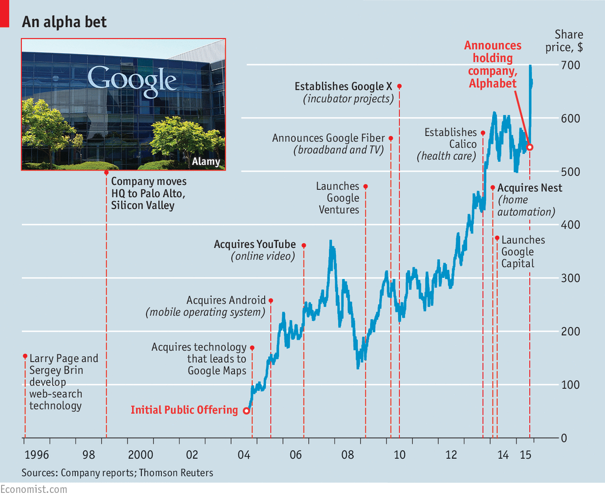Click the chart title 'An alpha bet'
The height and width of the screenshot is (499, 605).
[x=64, y=22]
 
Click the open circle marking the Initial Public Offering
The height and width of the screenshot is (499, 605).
[x=247, y=411]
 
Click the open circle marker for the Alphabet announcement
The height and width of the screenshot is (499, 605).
[x=530, y=147]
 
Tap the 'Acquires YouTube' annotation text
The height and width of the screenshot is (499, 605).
[x=255, y=244]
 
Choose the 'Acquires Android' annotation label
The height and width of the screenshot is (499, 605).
[x=226, y=300]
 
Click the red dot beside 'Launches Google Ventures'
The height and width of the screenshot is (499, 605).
[x=365, y=186]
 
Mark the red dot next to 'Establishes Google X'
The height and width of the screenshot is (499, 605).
[x=399, y=86]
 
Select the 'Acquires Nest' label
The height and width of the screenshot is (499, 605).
[x=530, y=188]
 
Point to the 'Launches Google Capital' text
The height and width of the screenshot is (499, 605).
[x=523, y=252]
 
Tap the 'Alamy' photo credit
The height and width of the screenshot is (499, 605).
[x=206, y=162]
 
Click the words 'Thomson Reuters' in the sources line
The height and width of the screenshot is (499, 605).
[x=176, y=473]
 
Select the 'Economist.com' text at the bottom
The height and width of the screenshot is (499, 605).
[x=34, y=489]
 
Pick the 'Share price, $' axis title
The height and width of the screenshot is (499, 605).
[x=568, y=41]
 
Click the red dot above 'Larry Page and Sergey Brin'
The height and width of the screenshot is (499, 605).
[x=25, y=356]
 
